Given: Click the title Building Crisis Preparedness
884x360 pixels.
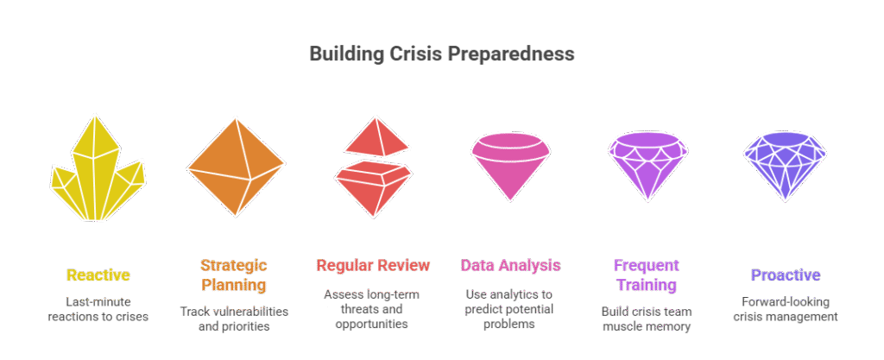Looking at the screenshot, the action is tap(442, 54).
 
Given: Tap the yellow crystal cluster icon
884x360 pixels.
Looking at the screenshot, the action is tap(98, 169).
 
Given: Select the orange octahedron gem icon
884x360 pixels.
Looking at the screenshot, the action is tap(236, 167).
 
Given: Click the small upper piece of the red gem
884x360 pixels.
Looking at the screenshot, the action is tap(376, 137).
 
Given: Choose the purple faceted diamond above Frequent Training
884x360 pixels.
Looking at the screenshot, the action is tap(647, 166).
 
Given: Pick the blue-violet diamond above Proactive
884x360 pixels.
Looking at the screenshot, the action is tap(785, 166).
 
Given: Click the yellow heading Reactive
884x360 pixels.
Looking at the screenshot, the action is tap(98, 275).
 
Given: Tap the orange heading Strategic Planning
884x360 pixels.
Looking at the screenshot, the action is tap(234, 275).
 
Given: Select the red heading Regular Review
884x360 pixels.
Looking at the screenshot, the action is tap(373, 265).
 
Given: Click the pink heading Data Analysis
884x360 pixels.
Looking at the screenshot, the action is tap(511, 265).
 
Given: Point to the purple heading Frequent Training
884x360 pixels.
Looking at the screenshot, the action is tap(647, 275).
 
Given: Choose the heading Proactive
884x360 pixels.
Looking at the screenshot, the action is tap(786, 275).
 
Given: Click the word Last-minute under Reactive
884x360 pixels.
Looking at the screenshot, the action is tap(98, 302).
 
